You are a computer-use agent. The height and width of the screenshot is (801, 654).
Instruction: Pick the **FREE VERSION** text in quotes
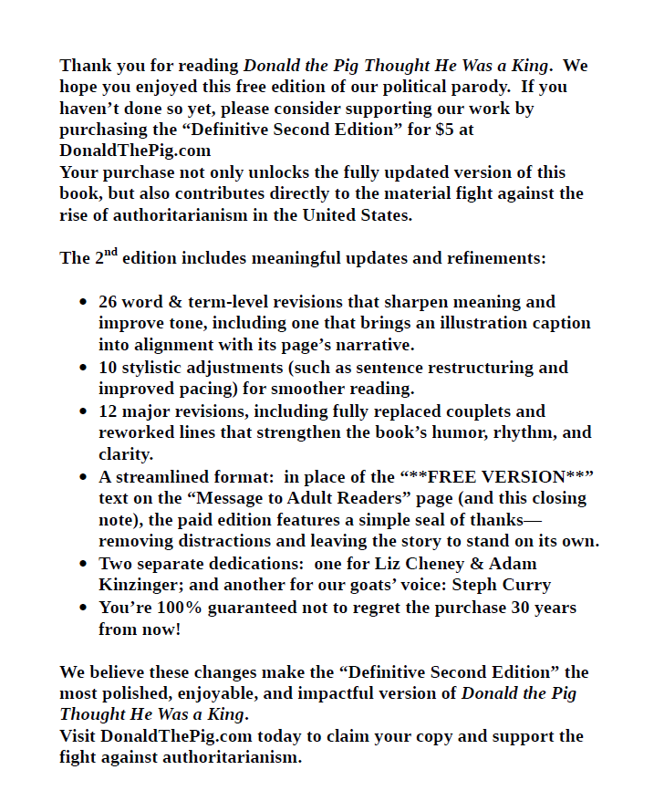pos(497,477)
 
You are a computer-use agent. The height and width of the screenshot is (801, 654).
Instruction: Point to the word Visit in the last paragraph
pos(78,736)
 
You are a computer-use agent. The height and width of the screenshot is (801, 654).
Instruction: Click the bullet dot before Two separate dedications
pos(85,564)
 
